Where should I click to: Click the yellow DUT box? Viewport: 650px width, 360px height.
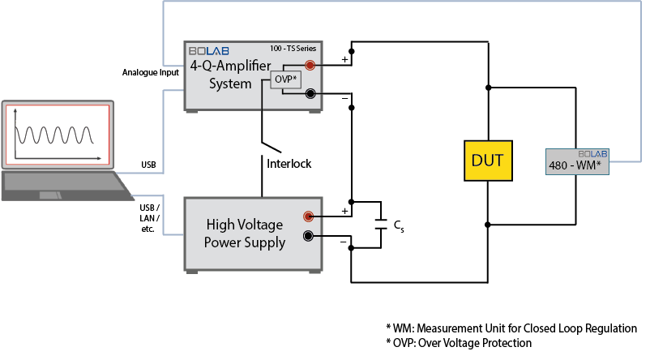coord(489,161)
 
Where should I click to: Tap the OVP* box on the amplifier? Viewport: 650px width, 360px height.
coord(284,79)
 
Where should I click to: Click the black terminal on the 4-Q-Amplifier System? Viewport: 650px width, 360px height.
coord(310,94)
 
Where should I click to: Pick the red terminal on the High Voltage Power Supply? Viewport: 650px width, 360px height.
coord(308,216)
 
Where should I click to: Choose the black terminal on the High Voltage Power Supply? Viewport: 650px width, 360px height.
coord(308,236)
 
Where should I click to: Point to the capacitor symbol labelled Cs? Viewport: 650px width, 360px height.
coord(381,225)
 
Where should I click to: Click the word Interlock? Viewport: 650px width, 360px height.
coord(289,164)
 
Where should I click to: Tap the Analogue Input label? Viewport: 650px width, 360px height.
coord(150,72)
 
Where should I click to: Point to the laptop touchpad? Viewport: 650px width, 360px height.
coord(51,195)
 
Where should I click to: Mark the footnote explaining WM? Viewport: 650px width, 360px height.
coord(511,328)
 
